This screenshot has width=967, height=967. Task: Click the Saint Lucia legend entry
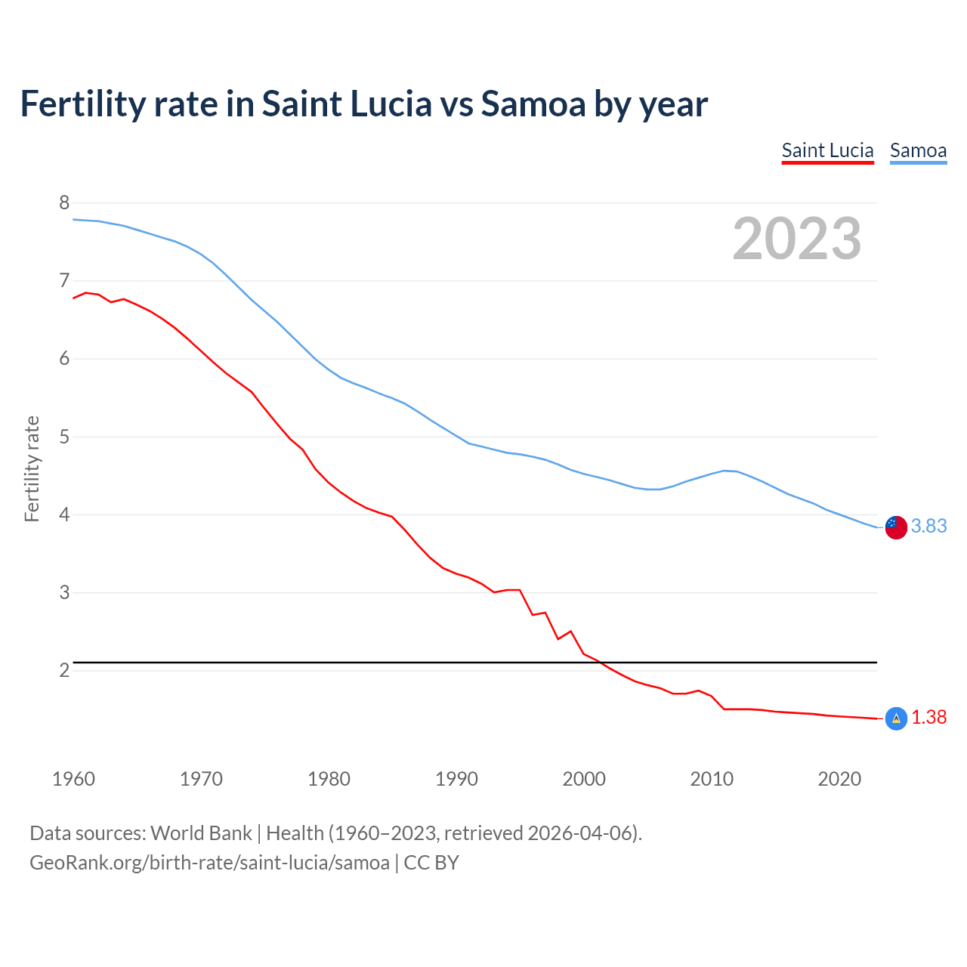[827, 150]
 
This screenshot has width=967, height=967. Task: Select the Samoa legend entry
[918, 150]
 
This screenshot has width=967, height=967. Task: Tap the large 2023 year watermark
[797, 239]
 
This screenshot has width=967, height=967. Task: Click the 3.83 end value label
[928, 526]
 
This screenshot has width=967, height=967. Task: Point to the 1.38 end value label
[928, 717]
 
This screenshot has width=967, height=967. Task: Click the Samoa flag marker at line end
[896, 527]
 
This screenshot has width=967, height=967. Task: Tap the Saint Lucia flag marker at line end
[896, 718]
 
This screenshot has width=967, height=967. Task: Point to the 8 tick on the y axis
[64, 202]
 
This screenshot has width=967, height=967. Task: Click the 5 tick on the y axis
[64, 437]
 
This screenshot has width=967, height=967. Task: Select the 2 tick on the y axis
[64, 670]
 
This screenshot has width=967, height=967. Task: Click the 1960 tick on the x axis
[73, 779]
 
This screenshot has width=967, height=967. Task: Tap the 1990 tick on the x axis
[456, 779]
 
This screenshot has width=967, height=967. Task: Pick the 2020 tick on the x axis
[839, 779]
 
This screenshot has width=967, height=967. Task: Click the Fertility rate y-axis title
[32, 468]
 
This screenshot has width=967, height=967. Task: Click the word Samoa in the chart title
[533, 103]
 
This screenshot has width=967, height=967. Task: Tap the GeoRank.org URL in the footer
[209, 863]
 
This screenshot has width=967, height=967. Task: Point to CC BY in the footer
[431, 863]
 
